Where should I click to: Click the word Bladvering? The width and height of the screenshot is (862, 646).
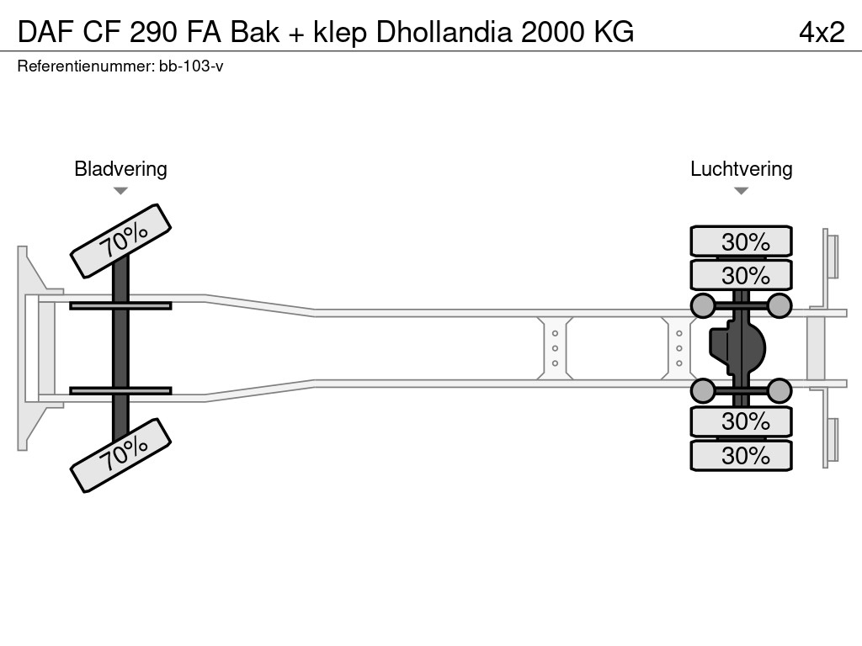(x=120, y=169)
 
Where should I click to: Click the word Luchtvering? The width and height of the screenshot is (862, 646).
(x=741, y=169)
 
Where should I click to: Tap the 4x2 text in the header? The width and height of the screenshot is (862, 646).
(x=822, y=32)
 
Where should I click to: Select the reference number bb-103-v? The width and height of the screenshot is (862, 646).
(x=191, y=66)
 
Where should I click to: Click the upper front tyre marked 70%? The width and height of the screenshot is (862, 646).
(x=120, y=241)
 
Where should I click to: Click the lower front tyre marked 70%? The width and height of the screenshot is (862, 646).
(x=120, y=454)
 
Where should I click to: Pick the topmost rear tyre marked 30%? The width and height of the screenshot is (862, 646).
(x=741, y=241)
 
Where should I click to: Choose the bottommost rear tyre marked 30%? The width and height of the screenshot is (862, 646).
(x=741, y=456)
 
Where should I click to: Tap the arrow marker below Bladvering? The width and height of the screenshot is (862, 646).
(x=120, y=191)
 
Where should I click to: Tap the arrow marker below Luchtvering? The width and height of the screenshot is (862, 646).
(x=741, y=191)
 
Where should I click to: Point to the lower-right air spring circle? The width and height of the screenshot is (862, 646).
(x=780, y=390)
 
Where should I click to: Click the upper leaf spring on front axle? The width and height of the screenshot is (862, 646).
(x=120, y=305)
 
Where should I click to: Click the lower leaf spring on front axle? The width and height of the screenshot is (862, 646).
(x=120, y=390)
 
